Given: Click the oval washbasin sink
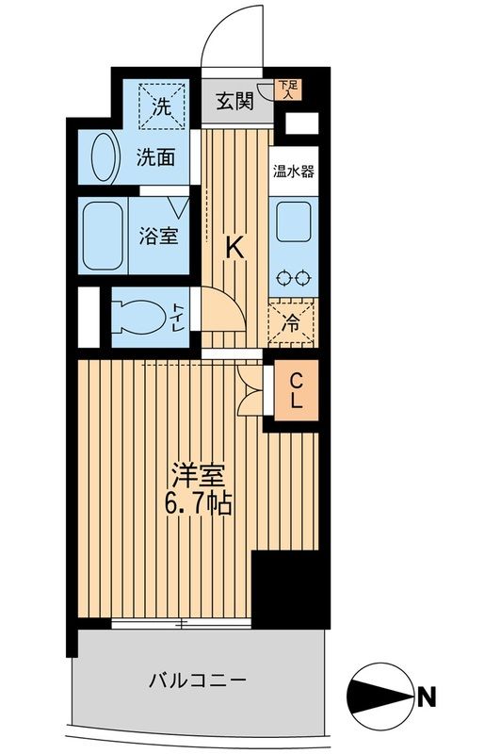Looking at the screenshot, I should (105, 156).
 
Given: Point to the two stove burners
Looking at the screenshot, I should (293, 277).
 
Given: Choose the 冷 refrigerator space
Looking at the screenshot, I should (292, 322).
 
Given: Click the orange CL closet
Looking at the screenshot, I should (295, 391).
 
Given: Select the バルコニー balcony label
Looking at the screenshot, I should (197, 680).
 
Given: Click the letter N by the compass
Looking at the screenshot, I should (427, 698).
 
